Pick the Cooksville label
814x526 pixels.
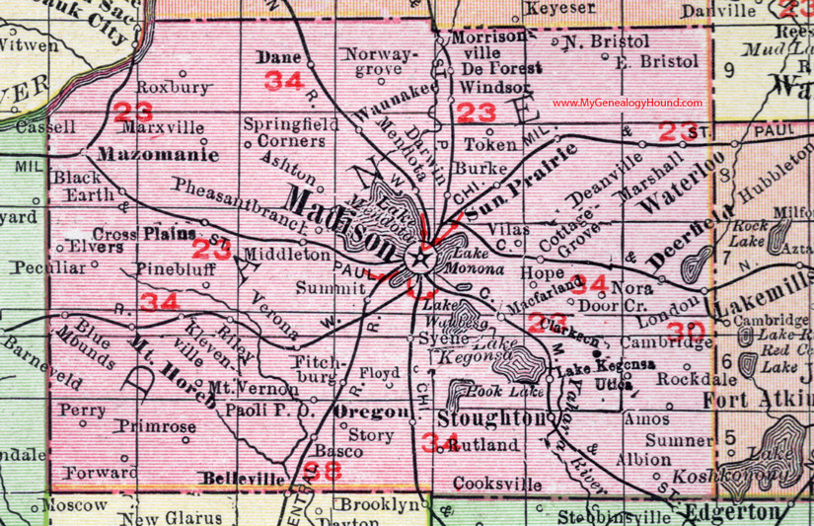tap(498, 484)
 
